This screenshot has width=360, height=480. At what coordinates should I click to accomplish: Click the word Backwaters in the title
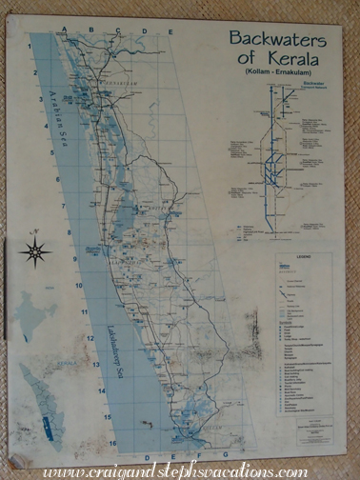[276, 40]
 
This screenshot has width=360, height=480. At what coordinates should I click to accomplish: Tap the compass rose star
[36, 253]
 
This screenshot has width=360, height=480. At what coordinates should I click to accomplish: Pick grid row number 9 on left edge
[74, 259]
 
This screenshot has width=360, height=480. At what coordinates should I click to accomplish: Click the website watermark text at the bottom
[176, 470]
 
